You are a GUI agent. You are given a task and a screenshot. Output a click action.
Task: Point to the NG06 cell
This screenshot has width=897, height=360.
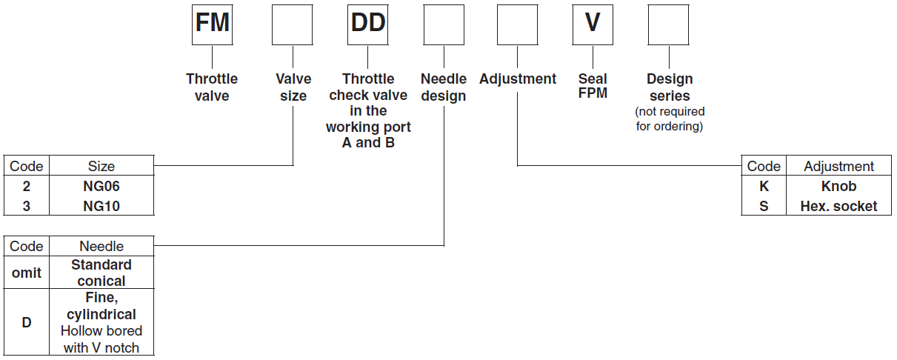point(101,187)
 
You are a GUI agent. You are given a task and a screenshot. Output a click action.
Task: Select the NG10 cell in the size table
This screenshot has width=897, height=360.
point(101,206)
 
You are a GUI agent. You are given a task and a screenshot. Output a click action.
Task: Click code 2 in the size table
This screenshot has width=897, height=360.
point(27,187)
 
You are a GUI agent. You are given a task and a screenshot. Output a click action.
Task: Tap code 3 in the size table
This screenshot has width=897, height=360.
point(27,206)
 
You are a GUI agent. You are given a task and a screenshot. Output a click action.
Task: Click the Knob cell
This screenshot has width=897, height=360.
point(838,187)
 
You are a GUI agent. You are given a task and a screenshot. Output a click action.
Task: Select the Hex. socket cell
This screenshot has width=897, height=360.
point(838,206)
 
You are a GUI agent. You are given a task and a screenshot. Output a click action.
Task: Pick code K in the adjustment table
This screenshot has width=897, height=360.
point(764,187)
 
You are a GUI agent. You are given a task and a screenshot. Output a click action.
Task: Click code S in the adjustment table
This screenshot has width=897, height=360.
point(764,206)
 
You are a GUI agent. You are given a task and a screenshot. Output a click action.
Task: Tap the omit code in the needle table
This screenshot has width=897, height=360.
point(27,273)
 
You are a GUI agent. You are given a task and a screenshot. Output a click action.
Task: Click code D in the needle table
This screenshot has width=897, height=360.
point(27,323)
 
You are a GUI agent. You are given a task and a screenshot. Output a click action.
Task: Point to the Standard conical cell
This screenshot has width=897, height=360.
point(101,273)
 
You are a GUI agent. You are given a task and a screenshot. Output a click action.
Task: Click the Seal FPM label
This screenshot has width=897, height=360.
point(593,87)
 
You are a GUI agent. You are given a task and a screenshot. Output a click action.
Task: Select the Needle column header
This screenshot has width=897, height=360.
point(101,246)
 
